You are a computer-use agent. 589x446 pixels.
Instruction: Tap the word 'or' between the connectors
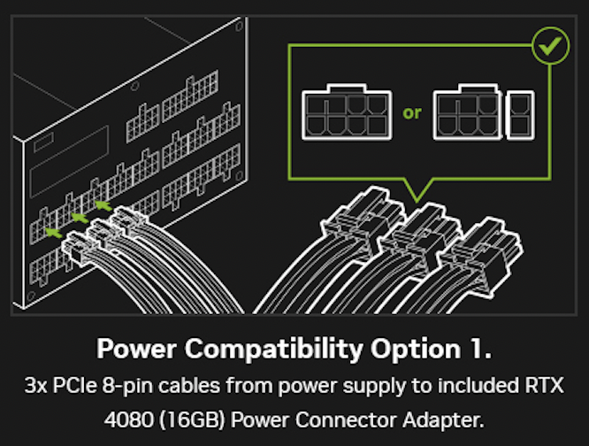tap(412, 113)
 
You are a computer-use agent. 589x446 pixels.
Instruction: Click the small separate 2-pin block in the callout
tap(517, 112)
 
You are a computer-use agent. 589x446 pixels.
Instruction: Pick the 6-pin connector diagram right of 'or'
tap(467, 113)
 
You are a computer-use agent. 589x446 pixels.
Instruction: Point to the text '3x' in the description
tap(38, 388)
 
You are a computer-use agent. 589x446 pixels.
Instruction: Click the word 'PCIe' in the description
tap(78, 388)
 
